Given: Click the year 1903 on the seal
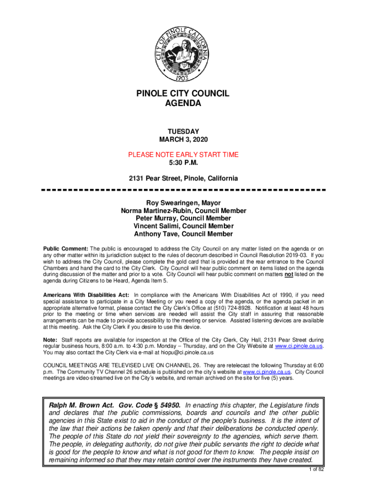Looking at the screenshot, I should click(183, 76).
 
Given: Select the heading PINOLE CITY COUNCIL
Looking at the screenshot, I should click(183, 94).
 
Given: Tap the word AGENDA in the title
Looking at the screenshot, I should click(183, 104).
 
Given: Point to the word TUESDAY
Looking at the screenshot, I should click(183, 131).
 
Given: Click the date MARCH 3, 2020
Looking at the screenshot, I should click(183, 139).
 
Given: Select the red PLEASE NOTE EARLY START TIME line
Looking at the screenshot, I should click(183, 155).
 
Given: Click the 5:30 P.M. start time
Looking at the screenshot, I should click(183, 163).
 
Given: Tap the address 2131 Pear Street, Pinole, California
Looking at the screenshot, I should click(183, 179).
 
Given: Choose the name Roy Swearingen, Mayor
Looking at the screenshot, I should click(183, 203).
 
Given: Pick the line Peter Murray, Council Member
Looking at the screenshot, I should click(183, 218).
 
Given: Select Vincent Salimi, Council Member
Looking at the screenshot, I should click(183, 226).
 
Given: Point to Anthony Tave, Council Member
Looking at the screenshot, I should click(183, 234).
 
